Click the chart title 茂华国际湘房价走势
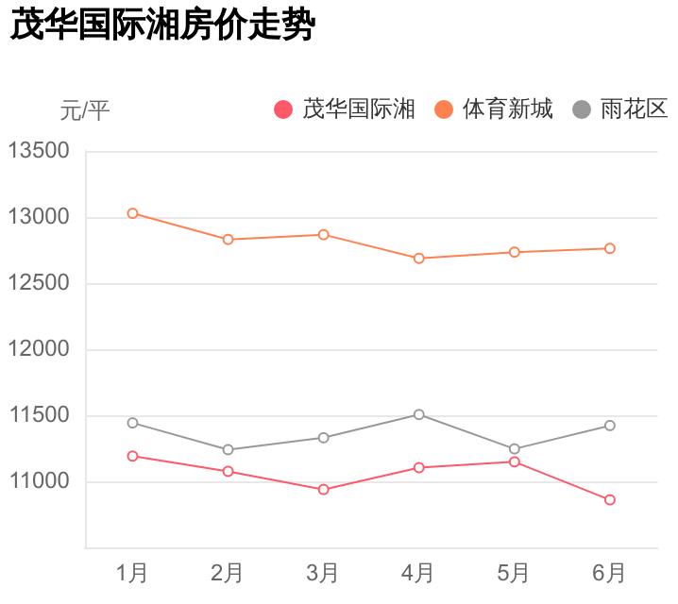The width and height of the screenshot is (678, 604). [161, 26]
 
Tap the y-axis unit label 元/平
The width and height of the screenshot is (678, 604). [85, 111]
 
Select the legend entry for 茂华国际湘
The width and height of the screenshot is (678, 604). [345, 109]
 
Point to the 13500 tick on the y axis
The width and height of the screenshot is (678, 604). [39, 151]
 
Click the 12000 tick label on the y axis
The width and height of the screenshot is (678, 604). [39, 349]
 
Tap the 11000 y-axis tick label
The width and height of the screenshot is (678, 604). [39, 481]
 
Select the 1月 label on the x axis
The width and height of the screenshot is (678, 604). [132, 572]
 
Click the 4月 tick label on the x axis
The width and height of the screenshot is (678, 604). [418, 572]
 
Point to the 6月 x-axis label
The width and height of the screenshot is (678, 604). [610, 572]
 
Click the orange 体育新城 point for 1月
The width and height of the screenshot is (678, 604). [132, 213]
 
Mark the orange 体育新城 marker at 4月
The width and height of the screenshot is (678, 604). [418, 258]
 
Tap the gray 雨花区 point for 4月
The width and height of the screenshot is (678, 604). [418, 414]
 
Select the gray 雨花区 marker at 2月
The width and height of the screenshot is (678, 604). [228, 449]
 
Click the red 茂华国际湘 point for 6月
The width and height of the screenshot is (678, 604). [610, 499]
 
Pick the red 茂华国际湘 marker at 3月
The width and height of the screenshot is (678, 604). [323, 489]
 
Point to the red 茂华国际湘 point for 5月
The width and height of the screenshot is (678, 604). [515, 461]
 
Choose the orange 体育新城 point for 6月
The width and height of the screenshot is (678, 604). [610, 248]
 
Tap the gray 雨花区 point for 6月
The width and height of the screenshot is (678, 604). [610, 426]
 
